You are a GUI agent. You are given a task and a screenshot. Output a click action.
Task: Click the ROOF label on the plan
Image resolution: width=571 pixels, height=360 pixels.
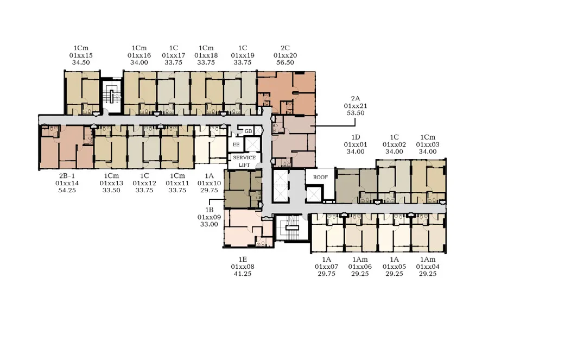320,177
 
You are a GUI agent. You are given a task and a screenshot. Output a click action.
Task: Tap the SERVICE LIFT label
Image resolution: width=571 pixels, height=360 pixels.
244,161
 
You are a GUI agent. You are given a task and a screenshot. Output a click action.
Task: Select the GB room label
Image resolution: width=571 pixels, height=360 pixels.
249,131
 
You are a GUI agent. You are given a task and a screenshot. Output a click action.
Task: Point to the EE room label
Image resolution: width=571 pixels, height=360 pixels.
236,144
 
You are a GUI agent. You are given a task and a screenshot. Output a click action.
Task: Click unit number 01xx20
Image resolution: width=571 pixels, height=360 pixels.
285,55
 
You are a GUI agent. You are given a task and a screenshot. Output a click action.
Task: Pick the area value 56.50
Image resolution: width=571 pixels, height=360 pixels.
285,62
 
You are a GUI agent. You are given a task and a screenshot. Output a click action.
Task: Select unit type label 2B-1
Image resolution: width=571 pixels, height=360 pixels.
67,176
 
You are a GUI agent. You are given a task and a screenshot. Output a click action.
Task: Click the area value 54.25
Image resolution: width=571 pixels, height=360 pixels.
67,190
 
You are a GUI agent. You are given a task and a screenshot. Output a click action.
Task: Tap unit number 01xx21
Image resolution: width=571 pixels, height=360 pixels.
356,106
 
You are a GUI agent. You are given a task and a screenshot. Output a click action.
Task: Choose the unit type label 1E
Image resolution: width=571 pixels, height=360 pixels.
243,260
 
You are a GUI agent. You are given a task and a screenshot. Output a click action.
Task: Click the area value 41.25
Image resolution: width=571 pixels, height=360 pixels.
243,274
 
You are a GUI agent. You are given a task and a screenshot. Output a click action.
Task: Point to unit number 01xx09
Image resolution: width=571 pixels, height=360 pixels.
209,217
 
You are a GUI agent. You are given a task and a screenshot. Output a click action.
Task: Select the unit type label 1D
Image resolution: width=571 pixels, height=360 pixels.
356,137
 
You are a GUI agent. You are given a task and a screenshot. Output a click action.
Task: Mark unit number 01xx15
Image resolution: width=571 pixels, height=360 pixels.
81,55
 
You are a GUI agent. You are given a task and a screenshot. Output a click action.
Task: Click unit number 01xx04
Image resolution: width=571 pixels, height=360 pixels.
428,267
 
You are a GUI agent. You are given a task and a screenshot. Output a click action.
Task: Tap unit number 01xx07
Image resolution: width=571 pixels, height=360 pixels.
326,267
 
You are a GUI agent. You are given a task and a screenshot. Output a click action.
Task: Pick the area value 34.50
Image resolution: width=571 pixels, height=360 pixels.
81,62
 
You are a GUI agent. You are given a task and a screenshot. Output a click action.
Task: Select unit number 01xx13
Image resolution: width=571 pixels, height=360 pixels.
111,184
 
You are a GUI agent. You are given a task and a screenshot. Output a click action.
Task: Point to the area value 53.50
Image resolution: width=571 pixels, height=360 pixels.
356,113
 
